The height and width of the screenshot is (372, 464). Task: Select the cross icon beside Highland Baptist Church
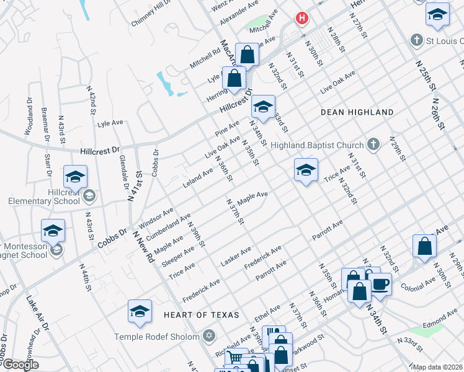pyautogui.click(x=373, y=145)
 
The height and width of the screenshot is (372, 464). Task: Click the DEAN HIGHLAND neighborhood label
pyautogui.click(x=357, y=112)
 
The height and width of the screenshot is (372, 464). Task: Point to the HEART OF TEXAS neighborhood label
pyautogui.click(x=201, y=315)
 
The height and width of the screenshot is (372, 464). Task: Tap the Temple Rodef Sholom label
pyautogui.click(x=156, y=337)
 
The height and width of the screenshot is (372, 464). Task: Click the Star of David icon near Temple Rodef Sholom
pyautogui.click(x=209, y=336)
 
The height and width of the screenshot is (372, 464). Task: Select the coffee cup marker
pyautogui.click(x=380, y=285)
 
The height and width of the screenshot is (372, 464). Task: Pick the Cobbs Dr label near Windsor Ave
pyautogui.click(x=112, y=238)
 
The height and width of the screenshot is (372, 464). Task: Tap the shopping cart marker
pyautogui.click(x=236, y=358)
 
